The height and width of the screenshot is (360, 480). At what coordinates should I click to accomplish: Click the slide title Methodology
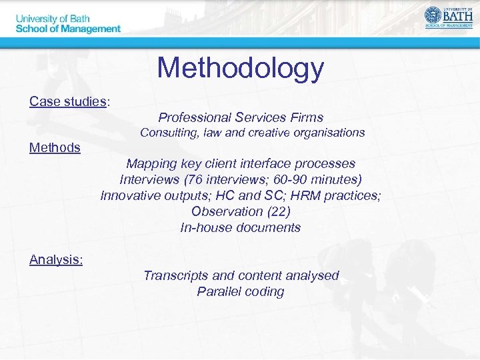point(240,67)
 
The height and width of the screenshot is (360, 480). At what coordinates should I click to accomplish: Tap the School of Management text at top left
point(68,29)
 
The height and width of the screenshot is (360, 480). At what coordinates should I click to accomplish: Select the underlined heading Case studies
point(68,101)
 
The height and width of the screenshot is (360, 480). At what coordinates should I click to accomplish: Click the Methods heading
point(55,147)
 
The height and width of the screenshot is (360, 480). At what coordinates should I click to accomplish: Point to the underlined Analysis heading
point(56,259)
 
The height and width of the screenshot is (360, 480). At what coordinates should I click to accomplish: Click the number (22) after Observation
point(278,211)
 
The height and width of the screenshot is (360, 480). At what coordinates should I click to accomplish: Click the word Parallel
point(219,291)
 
